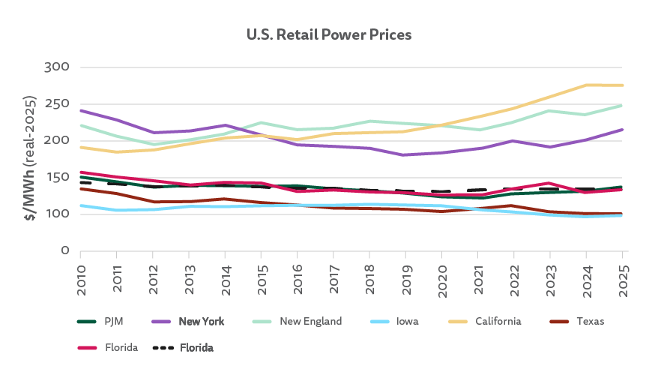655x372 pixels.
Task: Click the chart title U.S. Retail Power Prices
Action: [x=329, y=35]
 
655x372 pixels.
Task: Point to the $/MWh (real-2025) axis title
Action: [x=31, y=157]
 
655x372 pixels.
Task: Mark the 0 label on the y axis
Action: [x=64, y=250]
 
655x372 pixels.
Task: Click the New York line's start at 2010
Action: [x=81, y=111]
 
